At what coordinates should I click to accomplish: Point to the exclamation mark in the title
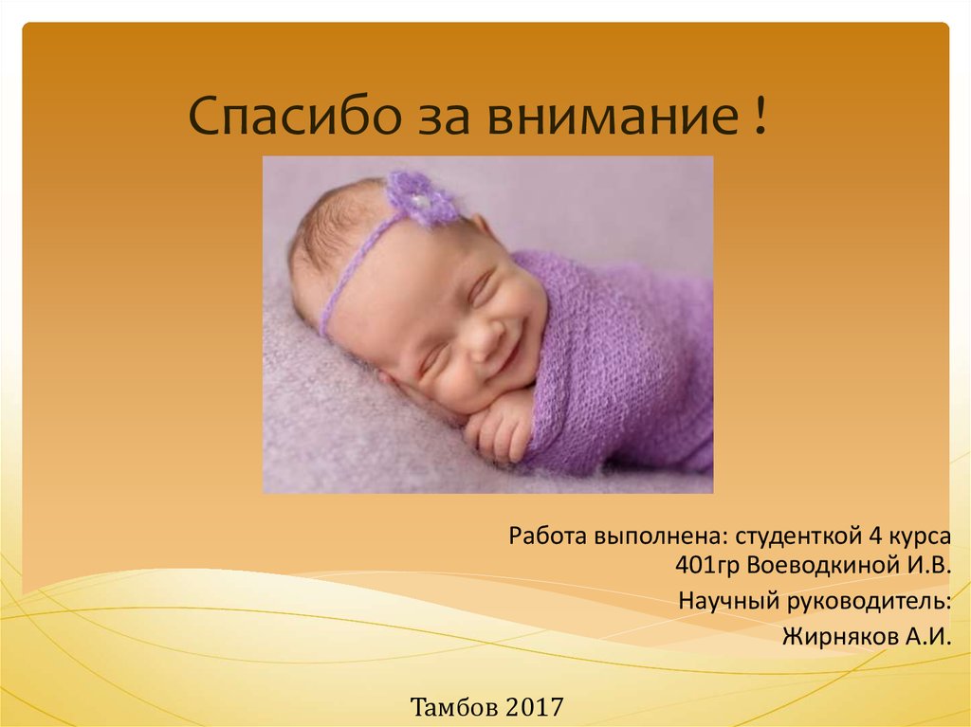coord(760,118)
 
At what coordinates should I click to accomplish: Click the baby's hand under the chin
coord(498,431)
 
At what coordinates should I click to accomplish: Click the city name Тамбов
coord(453,706)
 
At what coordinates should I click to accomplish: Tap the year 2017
coord(535,706)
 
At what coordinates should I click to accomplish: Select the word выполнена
coord(660,536)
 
